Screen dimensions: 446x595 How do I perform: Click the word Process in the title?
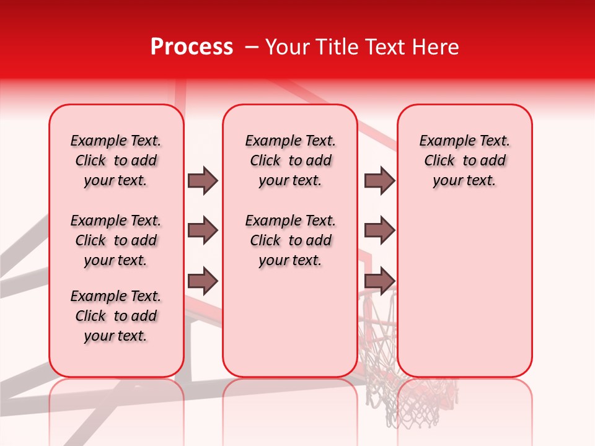point(192,47)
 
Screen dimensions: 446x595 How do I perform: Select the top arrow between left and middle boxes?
point(203,180)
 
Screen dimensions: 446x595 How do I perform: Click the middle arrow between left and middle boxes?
point(203,230)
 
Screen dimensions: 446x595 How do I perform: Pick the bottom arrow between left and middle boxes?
point(203,281)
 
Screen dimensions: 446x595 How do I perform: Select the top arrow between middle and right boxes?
point(379,180)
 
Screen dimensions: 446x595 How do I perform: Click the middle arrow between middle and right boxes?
point(379,230)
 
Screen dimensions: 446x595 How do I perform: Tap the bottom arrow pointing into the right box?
point(379,281)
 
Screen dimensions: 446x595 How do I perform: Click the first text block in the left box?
point(116,160)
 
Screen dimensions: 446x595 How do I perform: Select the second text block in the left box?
point(116,240)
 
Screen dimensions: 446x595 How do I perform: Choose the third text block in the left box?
point(116,316)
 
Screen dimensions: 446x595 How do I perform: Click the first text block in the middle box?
point(290,160)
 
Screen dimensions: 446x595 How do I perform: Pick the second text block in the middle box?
point(290,240)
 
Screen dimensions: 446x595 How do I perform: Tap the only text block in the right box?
point(464,160)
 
